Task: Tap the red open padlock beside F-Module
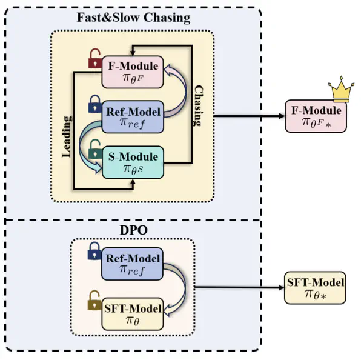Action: [x=95, y=58]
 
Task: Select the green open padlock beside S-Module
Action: [x=95, y=149]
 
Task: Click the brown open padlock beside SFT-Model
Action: [x=94, y=301]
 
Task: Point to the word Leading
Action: [x=67, y=136]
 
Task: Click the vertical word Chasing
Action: [x=198, y=105]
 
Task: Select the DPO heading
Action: [x=133, y=230]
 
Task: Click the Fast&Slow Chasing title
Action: [x=133, y=18]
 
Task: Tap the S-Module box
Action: [x=133, y=162]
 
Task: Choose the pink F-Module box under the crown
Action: [x=316, y=116]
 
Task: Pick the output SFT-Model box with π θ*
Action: [x=315, y=288]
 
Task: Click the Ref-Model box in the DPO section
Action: [x=133, y=264]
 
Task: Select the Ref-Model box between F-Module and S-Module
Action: [x=133, y=117]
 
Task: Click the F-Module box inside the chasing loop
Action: [x=133, y=72]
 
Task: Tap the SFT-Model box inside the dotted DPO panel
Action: [x=133, y=314]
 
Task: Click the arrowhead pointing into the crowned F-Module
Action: [x=282, y=116]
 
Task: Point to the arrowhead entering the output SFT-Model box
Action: [x=281, y=288]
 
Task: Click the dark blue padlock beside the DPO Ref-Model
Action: [x=94, y=252]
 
